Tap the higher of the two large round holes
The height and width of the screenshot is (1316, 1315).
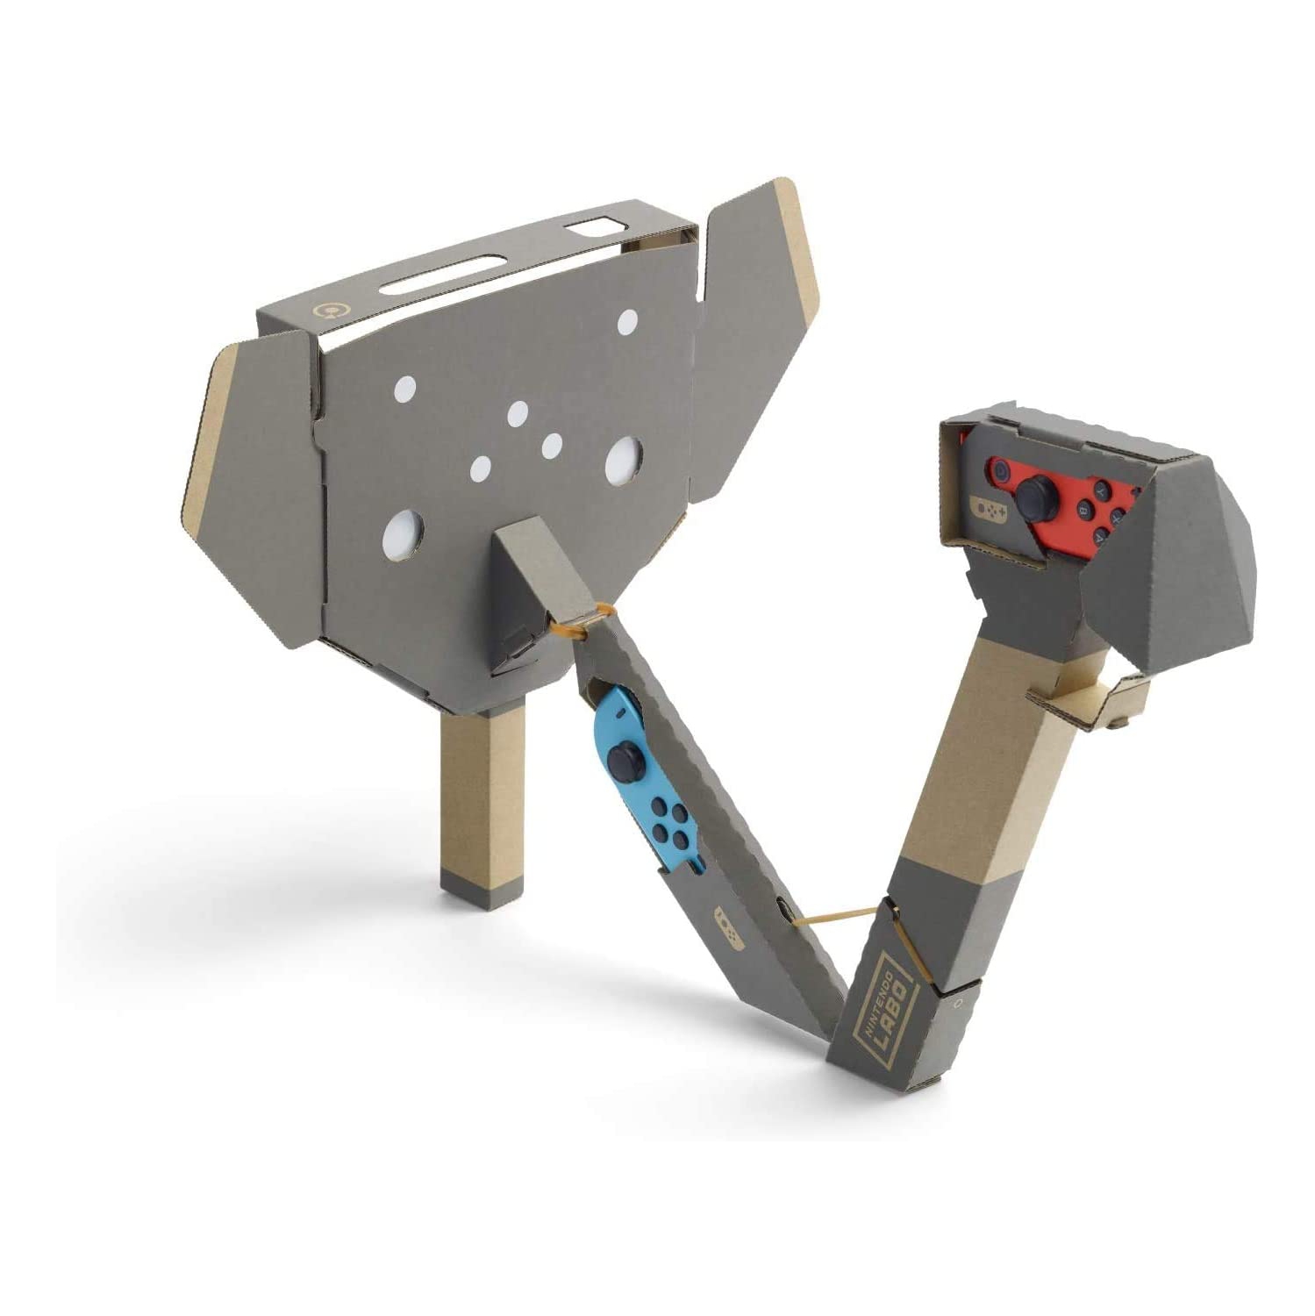[622, 456]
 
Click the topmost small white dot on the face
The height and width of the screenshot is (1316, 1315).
[626, 323]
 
